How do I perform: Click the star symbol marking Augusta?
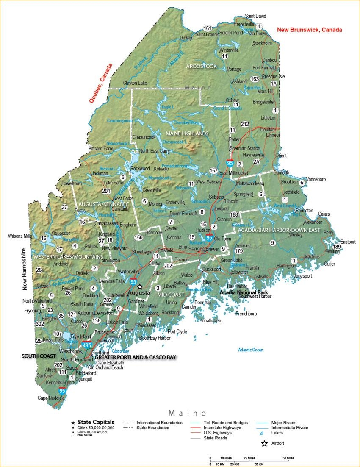(x=140, y=287)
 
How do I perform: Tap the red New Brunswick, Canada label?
(x=309, y=30)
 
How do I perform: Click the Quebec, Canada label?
(x=101, y=83)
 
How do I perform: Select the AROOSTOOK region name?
(x=201, y=66)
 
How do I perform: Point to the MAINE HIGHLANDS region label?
(x=187, y=133)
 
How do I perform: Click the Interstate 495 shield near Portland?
(x=87, y=345)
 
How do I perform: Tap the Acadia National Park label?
(x=244, y=292)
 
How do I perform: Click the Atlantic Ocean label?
(x=250, y=350)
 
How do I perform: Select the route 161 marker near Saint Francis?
(x=207, y=28)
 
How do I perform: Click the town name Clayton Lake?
(x=135, y=83)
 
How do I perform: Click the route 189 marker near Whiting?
(x=337, y=247)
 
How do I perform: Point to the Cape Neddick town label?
(x=50, y=398)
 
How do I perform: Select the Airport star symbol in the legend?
(x=265, y=444)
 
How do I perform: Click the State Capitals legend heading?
(x=96, y=423)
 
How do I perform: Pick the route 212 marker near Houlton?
(x=245, y=124)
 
